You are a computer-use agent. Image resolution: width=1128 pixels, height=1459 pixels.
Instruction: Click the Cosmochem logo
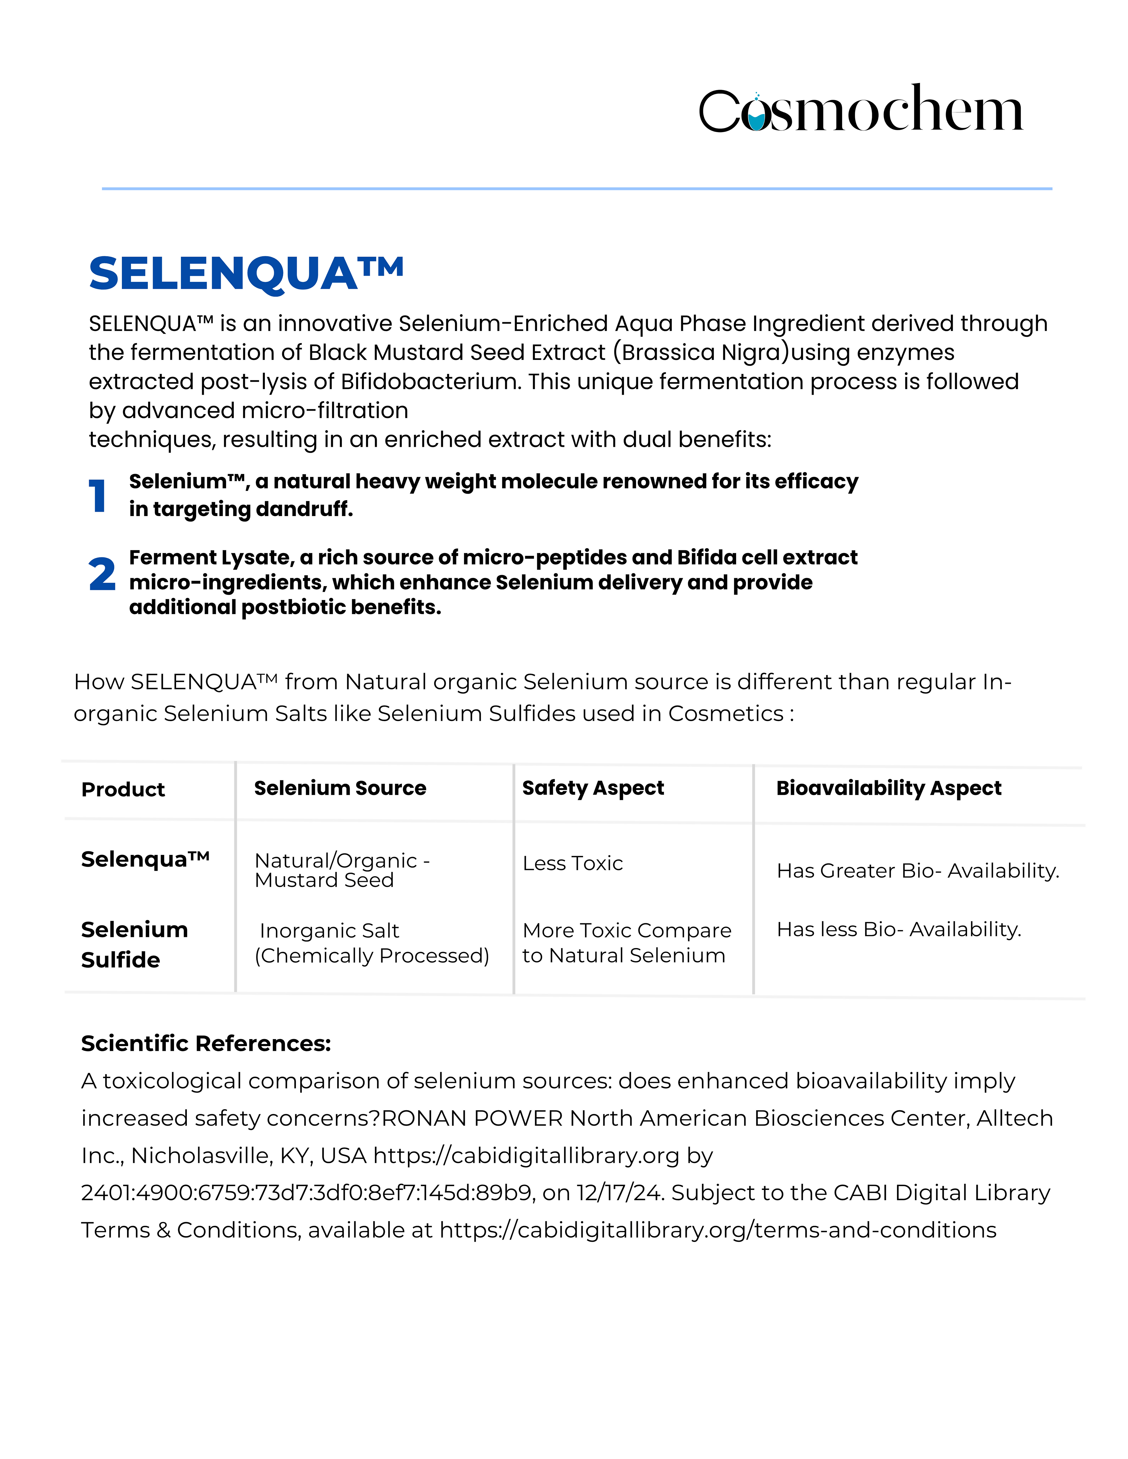[x=861, y=109]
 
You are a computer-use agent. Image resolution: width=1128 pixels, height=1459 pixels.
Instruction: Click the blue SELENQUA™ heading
[x=246, y=274]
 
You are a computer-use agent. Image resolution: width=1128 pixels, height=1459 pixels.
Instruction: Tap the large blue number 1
[x=98, y=496]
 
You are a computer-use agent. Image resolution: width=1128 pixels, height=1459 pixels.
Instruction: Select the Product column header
[x=123, y=790]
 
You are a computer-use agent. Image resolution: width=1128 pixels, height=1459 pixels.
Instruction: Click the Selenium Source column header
[x=340, y=788]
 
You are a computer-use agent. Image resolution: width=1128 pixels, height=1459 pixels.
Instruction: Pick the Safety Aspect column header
[x=593, y=788]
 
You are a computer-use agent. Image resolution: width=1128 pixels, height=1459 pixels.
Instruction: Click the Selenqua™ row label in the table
[x=145, y=859]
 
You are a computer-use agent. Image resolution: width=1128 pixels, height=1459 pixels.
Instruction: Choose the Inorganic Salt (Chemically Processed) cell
[x=372, y=943]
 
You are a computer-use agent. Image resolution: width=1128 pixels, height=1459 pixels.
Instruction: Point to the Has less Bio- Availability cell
[x=899, y=929]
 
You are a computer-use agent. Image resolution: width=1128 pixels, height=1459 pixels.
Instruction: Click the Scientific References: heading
[x=206, y=1043]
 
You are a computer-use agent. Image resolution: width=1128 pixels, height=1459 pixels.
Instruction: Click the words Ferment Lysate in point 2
[x=211, y=557]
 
